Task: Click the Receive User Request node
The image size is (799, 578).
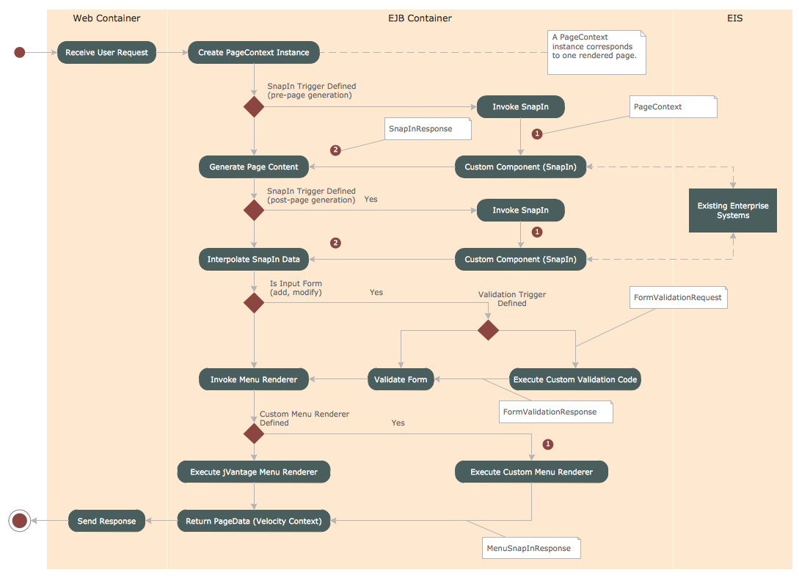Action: (106, 53)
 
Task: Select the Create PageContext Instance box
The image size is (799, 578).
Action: (254, 53)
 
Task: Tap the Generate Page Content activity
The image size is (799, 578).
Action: (254, 167)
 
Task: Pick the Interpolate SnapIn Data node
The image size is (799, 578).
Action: (254, 259)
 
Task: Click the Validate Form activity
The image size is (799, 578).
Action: (401, 379)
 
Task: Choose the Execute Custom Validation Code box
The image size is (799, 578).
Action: (575, 379)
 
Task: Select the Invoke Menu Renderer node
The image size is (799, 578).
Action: (254, 379)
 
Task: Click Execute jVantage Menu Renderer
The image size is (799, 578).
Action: (254, 472)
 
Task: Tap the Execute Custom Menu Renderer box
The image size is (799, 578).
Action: (531, 472)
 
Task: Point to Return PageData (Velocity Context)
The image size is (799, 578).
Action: (254, 521)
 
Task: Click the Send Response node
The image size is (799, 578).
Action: (107, 521)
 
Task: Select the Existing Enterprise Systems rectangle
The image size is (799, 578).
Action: (733, 211)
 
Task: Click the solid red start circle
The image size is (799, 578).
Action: (20, 52)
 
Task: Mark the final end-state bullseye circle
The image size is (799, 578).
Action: (20, 521)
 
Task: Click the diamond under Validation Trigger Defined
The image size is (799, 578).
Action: (488, 329)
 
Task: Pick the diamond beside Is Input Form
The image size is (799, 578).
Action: (254, 302)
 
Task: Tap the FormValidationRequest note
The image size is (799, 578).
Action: (679, 297)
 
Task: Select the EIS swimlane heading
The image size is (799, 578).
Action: (734, 18)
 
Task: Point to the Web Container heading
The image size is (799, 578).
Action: (106, 18)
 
